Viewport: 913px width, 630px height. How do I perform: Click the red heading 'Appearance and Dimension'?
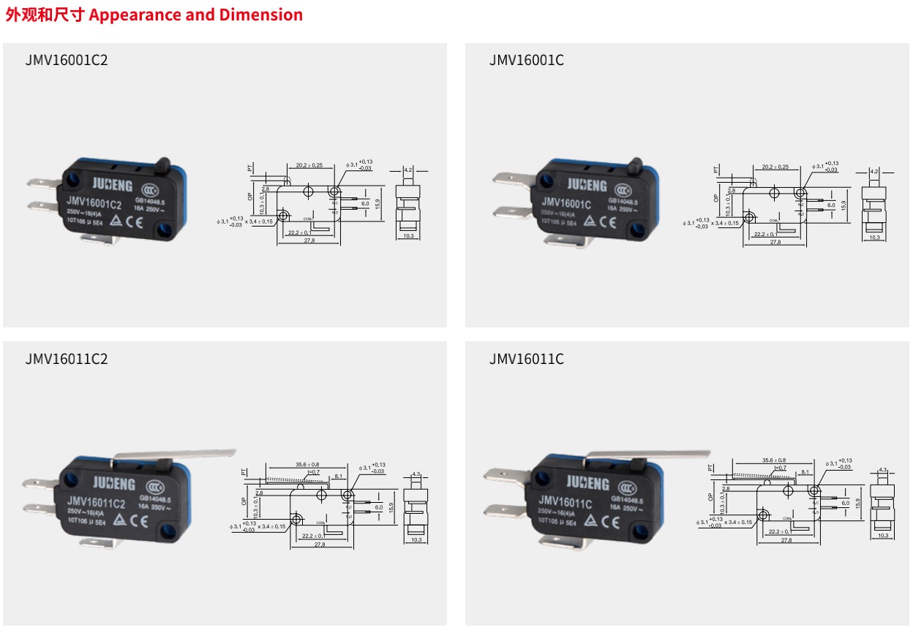click(x=195, y=15)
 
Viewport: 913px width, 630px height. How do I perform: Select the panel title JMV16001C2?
click(x=66, y=60)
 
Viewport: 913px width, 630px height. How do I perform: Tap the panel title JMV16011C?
click(x=527, y=359)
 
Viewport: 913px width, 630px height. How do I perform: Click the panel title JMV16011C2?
click(x=66, y=359)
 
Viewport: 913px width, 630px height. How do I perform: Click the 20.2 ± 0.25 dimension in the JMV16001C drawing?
click(x=775, y=167)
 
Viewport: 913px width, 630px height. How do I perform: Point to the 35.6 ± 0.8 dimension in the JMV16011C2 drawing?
click(x=307, y=464)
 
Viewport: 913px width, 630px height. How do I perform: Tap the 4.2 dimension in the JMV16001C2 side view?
click(x=408, y=169)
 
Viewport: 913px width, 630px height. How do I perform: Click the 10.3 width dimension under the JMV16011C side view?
click(x=883, y=536)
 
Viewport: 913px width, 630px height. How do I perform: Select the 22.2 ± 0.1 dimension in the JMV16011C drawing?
click(x=782, y=531)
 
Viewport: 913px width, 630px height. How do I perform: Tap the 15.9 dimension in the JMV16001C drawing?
click(x=844, y=205)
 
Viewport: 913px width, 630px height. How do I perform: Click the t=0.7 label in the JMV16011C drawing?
click(x=779, y=468)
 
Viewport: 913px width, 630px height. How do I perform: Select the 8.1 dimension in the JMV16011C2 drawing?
click(x=338, y=476)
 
